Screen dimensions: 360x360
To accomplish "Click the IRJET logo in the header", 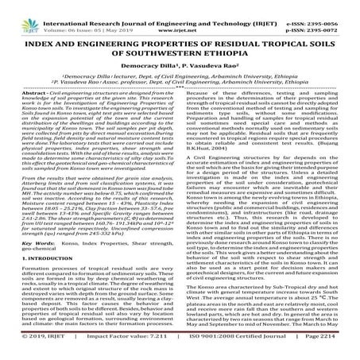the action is tap(23, 13).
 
